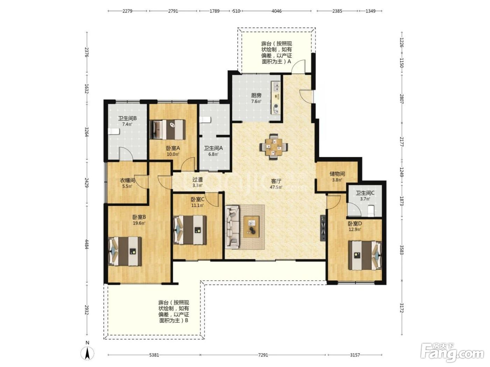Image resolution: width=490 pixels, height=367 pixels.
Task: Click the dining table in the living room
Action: click(x=273, y=147)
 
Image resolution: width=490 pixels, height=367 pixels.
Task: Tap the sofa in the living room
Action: click(x=232, y=227)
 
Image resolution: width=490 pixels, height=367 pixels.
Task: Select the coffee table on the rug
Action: click(x=252, y=226)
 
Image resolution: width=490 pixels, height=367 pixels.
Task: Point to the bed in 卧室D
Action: click(x=365, y=255)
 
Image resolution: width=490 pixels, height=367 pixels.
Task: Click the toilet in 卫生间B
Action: click(x=114, y=131)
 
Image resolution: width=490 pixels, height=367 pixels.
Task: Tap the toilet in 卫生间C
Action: click(x=371, y=211)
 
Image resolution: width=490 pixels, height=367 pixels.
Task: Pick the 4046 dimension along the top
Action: click(x=276, y=11)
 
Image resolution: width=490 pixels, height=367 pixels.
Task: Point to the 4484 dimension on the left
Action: click(x=87, y=244)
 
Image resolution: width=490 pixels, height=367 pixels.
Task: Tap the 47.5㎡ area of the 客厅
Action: click(x=276, y=187)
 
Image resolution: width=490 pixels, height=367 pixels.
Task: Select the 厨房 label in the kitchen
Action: click(x=256, y=95)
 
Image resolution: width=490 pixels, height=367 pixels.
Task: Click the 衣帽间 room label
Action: click(x=127, y=180)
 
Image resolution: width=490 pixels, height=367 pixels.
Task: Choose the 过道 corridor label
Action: click(x=197, y=179)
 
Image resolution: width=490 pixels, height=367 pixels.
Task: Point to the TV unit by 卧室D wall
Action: click(x=323, y=228)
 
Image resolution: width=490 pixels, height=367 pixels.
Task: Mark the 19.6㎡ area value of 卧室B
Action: click(x=139, y=223)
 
